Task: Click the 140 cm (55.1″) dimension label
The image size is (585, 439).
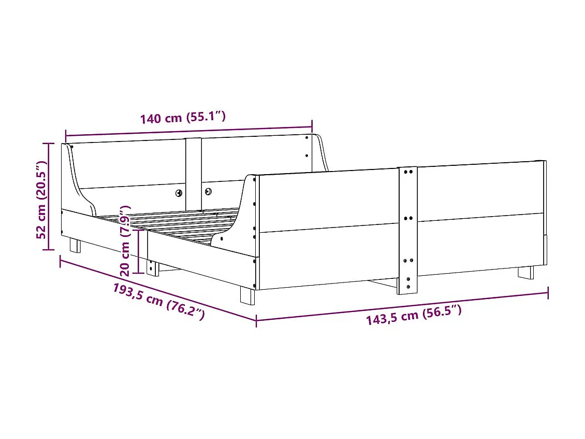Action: (183, 118)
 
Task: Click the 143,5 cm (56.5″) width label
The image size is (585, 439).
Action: (414, 315)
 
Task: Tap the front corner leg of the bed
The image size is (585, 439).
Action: (247, 296)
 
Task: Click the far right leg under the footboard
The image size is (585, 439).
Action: (525, 272)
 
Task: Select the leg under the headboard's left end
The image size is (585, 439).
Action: (75, 245)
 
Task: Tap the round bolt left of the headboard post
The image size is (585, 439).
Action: (179, 193)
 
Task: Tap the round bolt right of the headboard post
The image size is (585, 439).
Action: (208, 191)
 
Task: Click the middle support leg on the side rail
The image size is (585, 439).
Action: (152, 267)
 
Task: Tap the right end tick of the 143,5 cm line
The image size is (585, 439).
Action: (548, 293)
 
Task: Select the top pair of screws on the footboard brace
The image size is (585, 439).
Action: (407, 171)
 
